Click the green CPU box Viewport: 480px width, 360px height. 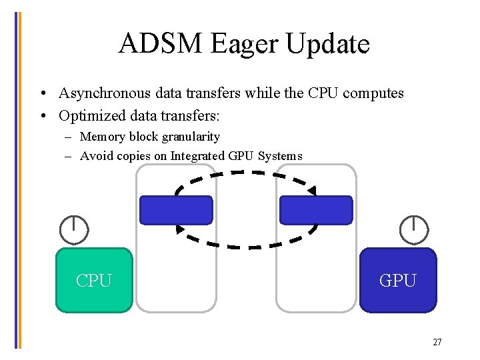point(94,281)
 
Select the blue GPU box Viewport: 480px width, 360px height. point(398,281)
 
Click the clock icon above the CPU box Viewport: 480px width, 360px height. point(73,230)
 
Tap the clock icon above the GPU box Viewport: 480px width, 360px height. point(414,230)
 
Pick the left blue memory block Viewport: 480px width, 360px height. point(176,210)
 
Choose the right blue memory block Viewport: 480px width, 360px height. point(316,210)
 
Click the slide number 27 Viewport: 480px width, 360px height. point(437,343)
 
